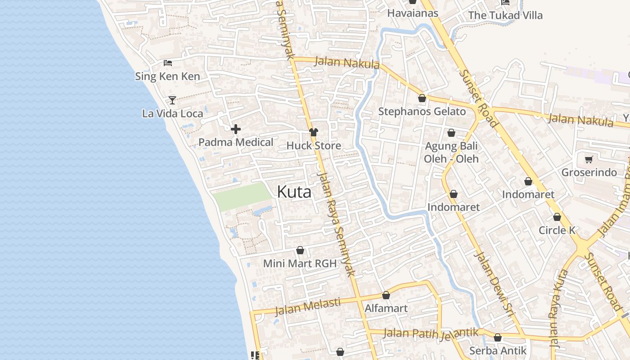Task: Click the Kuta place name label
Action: pos(294,192)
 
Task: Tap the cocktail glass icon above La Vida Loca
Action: pos(172,100)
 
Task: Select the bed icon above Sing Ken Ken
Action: pos(168,63)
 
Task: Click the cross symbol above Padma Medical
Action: pos(235,130)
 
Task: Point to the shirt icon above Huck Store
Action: pos(314,132)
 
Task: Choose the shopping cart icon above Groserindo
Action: pos(589,159)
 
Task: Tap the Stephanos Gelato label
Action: pos(422,112)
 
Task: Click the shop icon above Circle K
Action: pos(557,217)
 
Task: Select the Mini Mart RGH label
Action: pos(300,264)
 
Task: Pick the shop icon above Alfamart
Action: pos(386,295)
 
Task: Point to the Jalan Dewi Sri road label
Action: pos(494,285)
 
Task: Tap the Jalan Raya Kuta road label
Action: pos(558,308)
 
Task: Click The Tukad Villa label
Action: pos(505,15)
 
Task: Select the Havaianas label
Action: pos(413,13)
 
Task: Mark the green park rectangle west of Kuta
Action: pos(242,196)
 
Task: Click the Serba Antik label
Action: pos(498,351)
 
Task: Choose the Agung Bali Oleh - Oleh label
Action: pos(451,153)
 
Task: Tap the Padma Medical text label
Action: pos(236,143)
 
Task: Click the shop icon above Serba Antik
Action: pos(498,337)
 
